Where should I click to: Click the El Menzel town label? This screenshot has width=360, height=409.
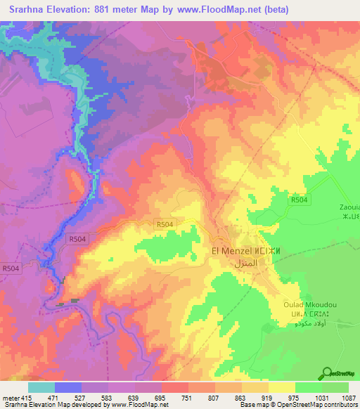(x=231, y=249)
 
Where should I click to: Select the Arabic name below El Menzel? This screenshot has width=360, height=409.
(x=237, y=262)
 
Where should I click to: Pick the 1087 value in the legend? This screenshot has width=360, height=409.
(x=339, y=398)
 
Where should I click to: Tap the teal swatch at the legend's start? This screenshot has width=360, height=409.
(x=41, y=387)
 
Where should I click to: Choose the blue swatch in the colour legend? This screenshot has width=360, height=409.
(x=67, y=387)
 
